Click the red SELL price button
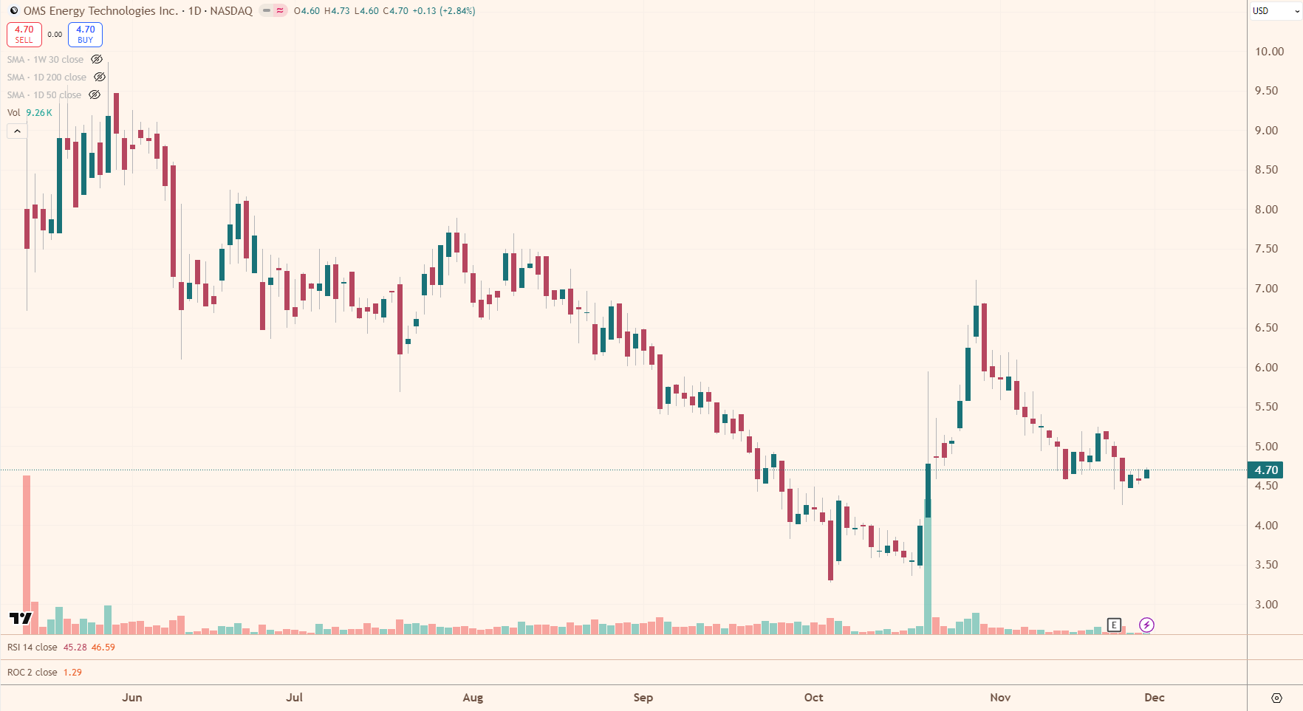coord(24,35)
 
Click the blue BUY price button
coord(85,35)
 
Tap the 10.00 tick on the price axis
coord(1269,52)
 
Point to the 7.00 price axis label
coord(1266,289)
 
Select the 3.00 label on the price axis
coord(1266,605)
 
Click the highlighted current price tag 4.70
coord(1265,470)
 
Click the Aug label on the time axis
coord(473,698)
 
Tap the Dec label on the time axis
coord(1154,698)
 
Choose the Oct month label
coord(813,698)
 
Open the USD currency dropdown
coord(1275,11)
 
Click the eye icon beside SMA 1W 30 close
coord(97,60)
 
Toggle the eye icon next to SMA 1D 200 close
coord(100,78)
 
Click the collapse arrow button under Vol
coord(17,131)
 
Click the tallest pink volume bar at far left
coord(27,554)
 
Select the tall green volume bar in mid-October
coord(928,569)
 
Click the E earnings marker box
coord(1114,625)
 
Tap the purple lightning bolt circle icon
coord(1146,625)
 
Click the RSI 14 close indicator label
coord(33,648)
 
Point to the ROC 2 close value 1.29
coord(72,673)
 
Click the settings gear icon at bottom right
coord(1276,698)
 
